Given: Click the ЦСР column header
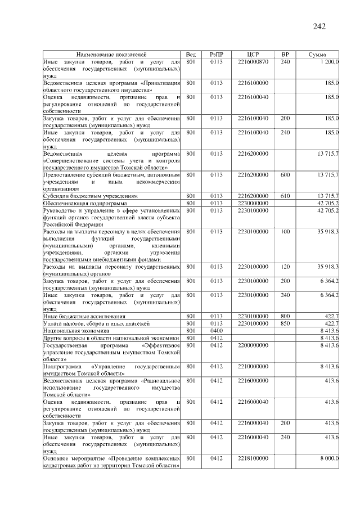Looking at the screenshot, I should (x=252, y=54).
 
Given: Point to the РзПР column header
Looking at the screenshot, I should (x=217, y=54).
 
